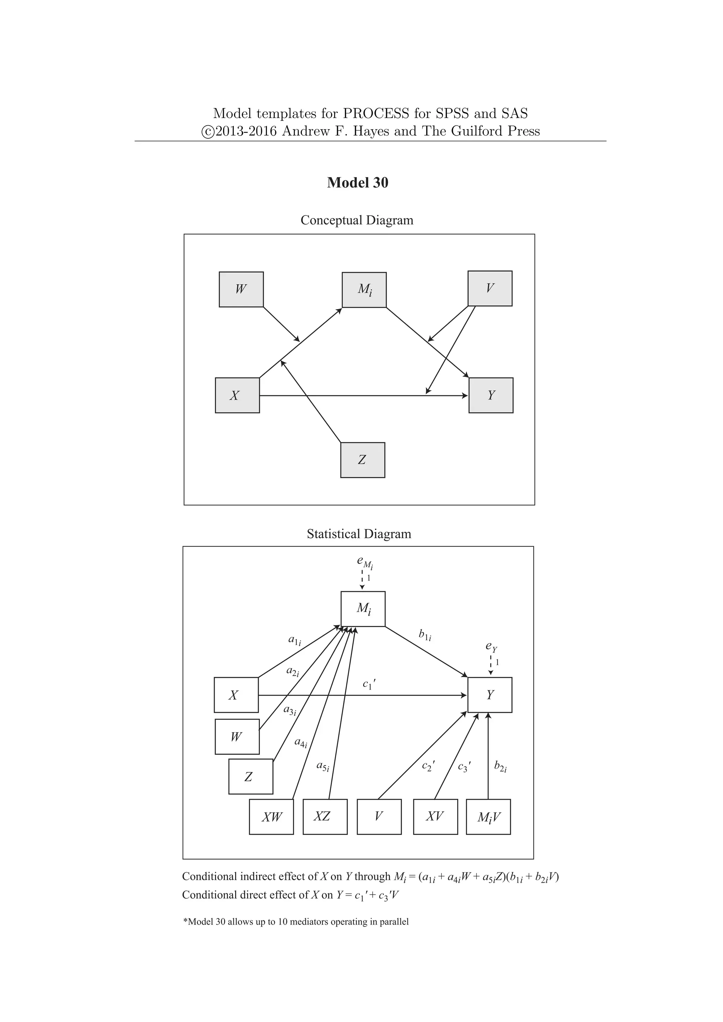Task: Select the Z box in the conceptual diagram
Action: coord(363,460)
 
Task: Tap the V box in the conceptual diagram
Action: coord(490,288)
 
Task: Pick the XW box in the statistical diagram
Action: coord(271,817)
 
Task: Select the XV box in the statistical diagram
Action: coord(435,817)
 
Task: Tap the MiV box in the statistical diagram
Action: coord(488,817)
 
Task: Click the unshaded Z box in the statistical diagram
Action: coord(251,777)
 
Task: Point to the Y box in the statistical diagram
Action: coord(490,695)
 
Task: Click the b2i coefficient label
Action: coord(500,765)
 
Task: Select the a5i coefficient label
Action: coord(322,765)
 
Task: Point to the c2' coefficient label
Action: coord(428,765)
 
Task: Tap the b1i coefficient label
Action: coord(425,635)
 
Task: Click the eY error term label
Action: coord(491,646)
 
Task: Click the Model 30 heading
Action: coord(358,182)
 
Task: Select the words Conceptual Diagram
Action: coord(357,220)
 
